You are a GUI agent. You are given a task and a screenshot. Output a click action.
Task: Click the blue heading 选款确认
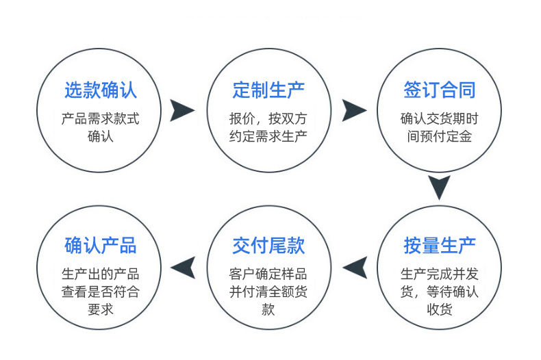click(x=101, y=90)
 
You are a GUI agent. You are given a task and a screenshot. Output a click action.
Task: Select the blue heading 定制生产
click(x=269, y=90)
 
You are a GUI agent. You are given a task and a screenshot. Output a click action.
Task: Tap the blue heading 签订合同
click(x=439, y=90)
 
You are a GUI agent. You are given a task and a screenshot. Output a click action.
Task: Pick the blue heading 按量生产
click(x=439, y=245)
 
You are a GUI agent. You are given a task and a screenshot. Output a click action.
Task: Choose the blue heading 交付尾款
click(x=269, y=245)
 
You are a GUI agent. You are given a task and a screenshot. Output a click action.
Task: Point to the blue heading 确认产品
click(x=101, y=245)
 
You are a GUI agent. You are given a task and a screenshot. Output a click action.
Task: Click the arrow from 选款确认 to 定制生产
click(x=182, y=110)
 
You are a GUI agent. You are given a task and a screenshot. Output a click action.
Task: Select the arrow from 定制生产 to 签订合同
click(x=354, y=110)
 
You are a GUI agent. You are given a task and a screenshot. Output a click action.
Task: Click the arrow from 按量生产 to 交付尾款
click(x=354, y=268)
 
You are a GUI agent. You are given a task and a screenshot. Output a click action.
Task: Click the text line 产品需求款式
click(x=101, y=118)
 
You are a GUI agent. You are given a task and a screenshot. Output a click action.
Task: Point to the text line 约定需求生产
click(x=268, y=136)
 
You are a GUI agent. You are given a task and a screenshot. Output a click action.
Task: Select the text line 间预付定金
click(x=439, y=136)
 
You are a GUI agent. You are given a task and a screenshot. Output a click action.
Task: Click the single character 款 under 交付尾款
click(x=268, y=310)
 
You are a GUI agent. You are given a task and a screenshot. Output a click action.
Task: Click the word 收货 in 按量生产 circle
click(x=439, y=310)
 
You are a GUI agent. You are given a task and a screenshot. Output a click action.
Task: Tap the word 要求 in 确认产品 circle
click(x=101, y=310)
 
